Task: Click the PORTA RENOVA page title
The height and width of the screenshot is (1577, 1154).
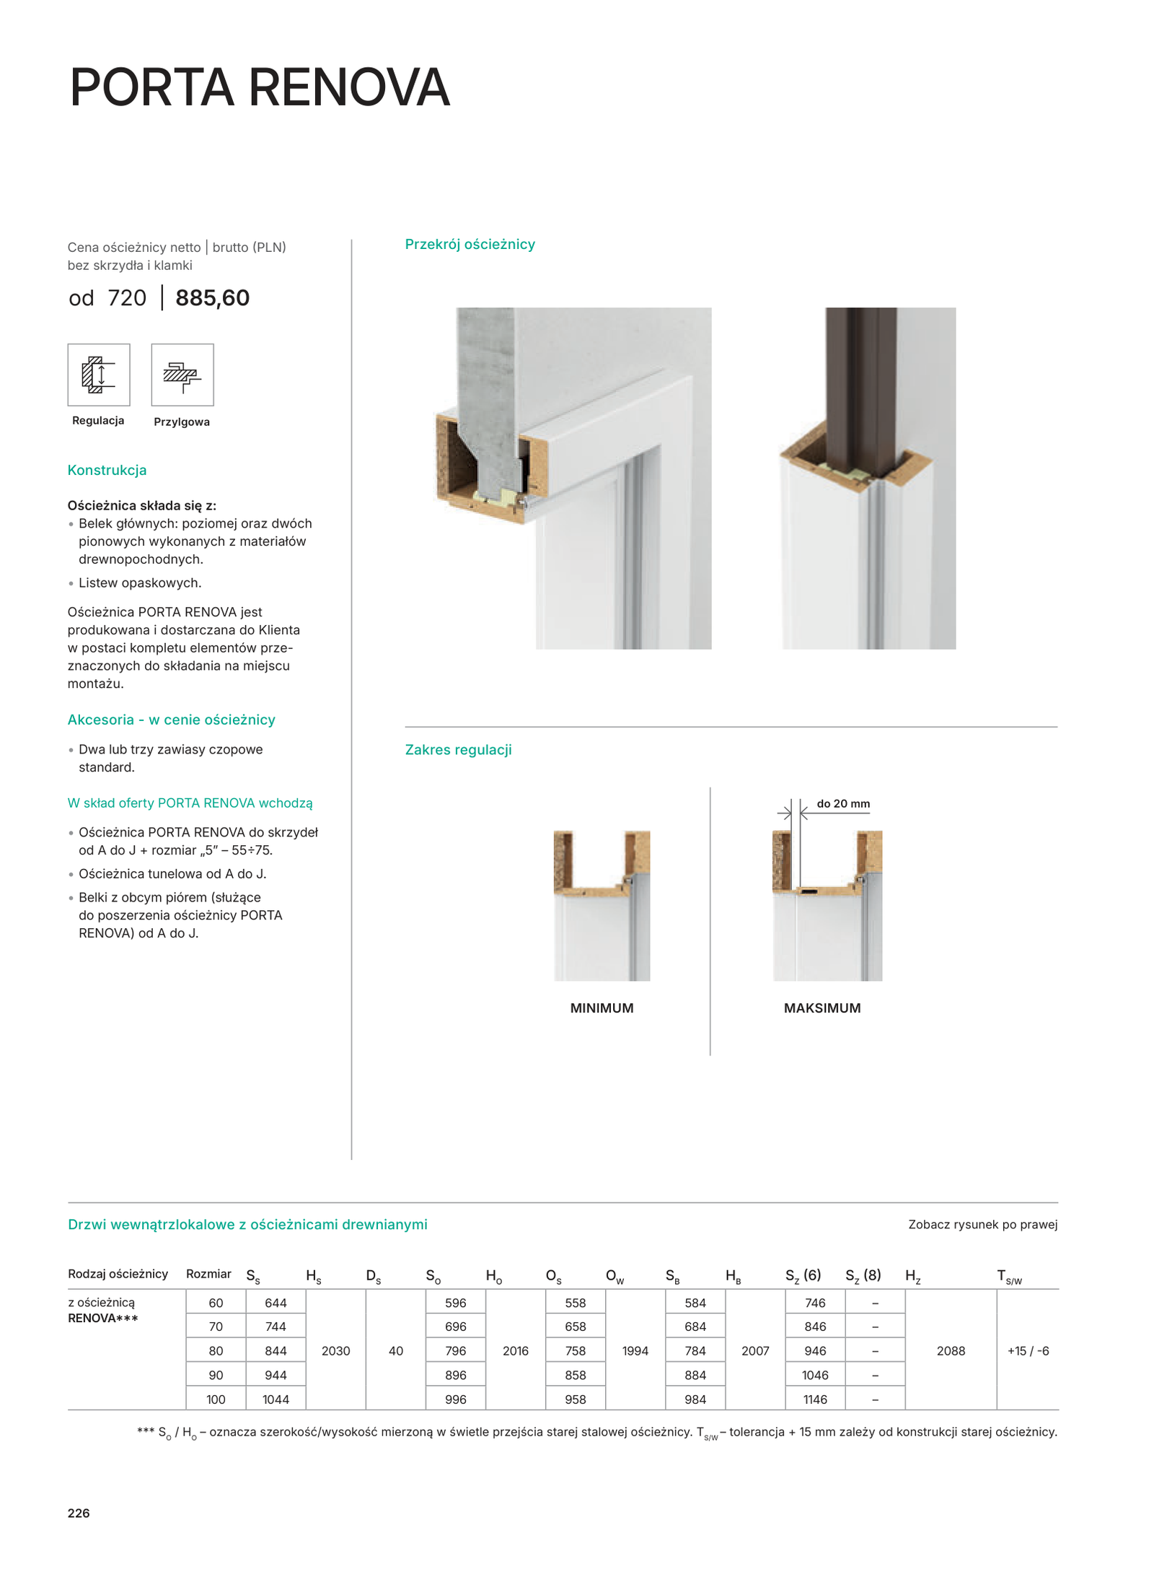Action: click(x=260, y=87)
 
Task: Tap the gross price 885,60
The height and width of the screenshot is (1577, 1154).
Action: click(x=212, y=298)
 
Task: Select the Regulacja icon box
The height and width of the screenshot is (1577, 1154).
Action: click(x=99, y=375)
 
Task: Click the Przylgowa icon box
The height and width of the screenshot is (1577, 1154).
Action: click(x=182, y=375)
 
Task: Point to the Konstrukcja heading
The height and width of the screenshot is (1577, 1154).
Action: click(x=107, y=471)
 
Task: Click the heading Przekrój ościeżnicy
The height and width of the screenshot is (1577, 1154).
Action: click(x=470, y=245)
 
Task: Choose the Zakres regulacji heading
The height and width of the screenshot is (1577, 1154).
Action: click(x=458, y=750)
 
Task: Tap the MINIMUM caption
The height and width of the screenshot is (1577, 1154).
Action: click(x=602, y=1008)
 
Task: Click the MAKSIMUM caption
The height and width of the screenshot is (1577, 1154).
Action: click(x=822, y=1008)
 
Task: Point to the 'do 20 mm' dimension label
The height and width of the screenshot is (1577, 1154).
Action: click(x=842, y=804)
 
